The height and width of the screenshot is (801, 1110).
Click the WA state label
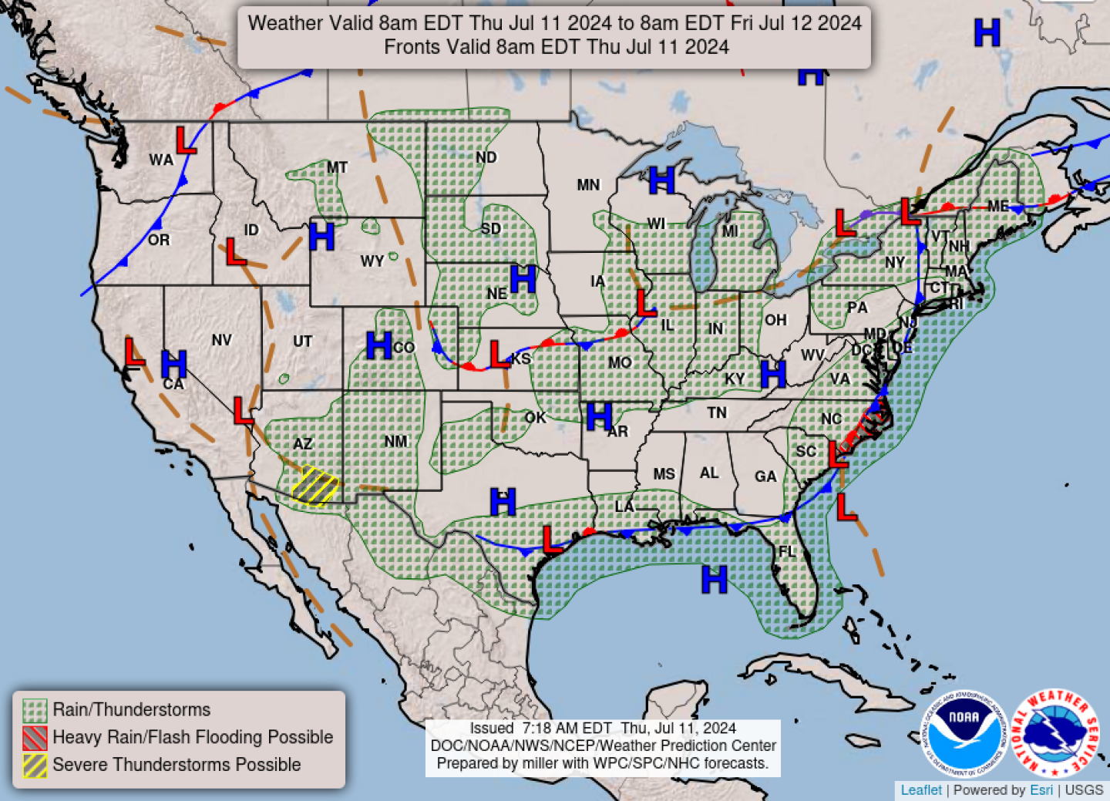click(x=161, y=160)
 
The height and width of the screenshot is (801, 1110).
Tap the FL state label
click(x=786, y=551)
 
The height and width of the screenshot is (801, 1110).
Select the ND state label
click(x=486, y=157)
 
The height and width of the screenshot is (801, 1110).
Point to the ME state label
click(x=997, y=206)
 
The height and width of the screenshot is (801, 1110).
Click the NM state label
click(x=395, y=441)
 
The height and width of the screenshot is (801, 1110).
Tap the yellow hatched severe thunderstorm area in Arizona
click(x=315, y=486)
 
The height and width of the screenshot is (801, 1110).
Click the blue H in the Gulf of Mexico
click(x=714, y=579)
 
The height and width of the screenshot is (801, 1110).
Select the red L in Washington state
click(x=186, y=140)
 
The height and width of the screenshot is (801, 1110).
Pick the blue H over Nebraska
click(x=523, y=278)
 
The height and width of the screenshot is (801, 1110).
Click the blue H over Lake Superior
click(x=661, y=180)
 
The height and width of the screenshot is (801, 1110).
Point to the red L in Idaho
click(x=235, y=252)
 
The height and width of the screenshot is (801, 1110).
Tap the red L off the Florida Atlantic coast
click(x=846, y=507)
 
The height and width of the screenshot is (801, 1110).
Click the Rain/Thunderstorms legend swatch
click(x=35, y=710)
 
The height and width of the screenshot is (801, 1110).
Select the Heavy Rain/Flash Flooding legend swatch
click(x=35, y=738)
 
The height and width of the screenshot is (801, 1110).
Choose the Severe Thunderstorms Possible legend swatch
click(x=35, y=765)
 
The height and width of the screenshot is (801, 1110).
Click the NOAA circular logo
click(x=964, y=733)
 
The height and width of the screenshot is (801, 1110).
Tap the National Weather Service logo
click(x=1055, y=733)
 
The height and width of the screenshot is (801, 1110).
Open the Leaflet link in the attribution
click(x=921, y=790)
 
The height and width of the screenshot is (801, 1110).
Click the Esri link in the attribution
click(x=1041, y=790)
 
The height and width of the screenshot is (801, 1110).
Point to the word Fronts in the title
click(x=409, y=47)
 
